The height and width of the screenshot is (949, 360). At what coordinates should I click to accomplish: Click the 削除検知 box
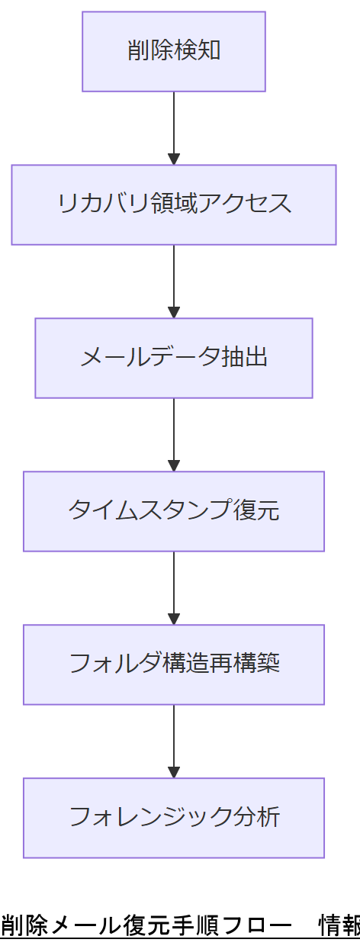[174, 51]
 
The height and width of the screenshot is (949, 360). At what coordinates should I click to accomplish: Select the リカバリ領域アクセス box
[174, 204]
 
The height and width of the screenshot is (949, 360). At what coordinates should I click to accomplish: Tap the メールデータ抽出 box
[174, 358]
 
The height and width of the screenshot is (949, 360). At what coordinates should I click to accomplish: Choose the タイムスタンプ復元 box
[174, 511]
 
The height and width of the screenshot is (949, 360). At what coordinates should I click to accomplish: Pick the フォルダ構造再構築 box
[174, 664]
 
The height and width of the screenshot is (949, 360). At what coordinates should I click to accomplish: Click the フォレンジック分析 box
[174, 818]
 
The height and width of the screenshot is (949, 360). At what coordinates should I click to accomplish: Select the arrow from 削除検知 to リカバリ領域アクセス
[174, 128]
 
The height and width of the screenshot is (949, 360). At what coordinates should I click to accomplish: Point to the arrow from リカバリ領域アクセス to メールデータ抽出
[174, 281]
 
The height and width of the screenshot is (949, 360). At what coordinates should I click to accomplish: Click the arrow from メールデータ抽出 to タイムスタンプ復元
[174, 435]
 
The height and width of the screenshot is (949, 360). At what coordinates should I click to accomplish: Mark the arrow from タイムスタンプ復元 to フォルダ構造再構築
[174, 588]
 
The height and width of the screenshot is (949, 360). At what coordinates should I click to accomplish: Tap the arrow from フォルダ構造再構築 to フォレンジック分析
[174, 742]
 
